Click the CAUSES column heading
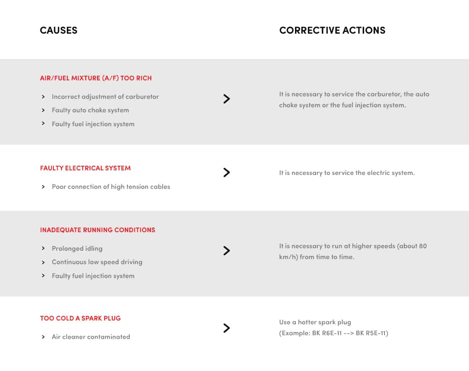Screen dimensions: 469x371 click(x=58, y=30)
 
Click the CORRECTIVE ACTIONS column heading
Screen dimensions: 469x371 click(x=332, y=30)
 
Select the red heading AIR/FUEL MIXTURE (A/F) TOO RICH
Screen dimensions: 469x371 click(x=96, y=78)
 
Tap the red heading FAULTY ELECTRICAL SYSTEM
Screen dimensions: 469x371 click(x=85, y=168)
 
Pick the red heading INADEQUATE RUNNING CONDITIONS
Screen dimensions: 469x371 click(x=97, y=230)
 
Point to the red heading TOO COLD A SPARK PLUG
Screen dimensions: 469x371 click(x=80, y=318)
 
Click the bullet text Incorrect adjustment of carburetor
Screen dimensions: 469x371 click(x=105, y=97)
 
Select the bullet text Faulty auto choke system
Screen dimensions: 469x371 click(x=90, y=110)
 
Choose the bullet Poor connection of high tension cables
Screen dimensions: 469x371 click(x=111, y=187)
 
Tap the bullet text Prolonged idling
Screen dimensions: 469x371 click(x=77, y=249)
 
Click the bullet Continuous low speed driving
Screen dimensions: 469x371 click(x=97, y=262)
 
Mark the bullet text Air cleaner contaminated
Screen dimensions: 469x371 click(x=91, y=337)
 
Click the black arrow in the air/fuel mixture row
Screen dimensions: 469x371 click(x=227, y=99)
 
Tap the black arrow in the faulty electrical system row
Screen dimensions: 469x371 click(x=227, y=172)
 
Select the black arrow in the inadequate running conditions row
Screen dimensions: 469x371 click(x=227, y=251)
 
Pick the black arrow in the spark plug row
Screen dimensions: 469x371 click(x=227, y=328)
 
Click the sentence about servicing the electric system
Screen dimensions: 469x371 click(x=347, y=173)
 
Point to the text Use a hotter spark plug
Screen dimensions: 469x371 click(x=315, y=322)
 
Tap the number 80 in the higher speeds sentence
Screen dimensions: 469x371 click(x=422, y=246)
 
